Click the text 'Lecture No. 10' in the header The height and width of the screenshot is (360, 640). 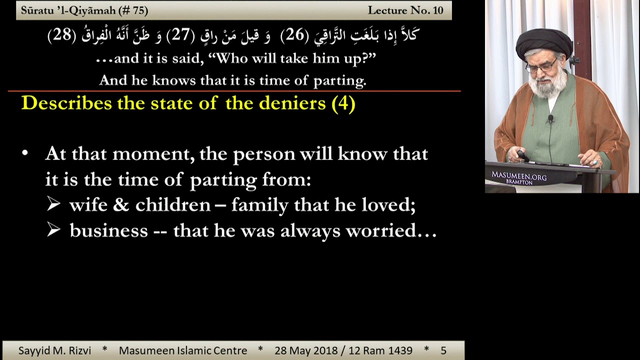405,10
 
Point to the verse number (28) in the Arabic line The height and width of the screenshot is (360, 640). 62,35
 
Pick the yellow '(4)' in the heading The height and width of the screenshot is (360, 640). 343,103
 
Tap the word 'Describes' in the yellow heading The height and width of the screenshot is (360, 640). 66,102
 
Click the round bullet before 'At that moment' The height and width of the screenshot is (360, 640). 25,153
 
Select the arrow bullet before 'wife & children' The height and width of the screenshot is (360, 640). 53,203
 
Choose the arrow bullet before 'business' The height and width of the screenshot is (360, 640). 53,229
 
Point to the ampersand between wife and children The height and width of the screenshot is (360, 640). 121,205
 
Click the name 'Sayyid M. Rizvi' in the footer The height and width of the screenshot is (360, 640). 54,350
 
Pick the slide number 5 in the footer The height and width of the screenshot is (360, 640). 443,350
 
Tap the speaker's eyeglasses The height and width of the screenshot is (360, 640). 541,67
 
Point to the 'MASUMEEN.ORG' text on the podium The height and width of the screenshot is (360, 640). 519,175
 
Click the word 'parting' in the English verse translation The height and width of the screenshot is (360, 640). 339,81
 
